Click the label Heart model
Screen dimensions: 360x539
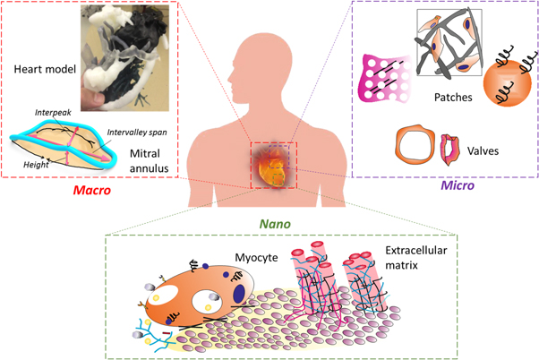coord(44,69)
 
